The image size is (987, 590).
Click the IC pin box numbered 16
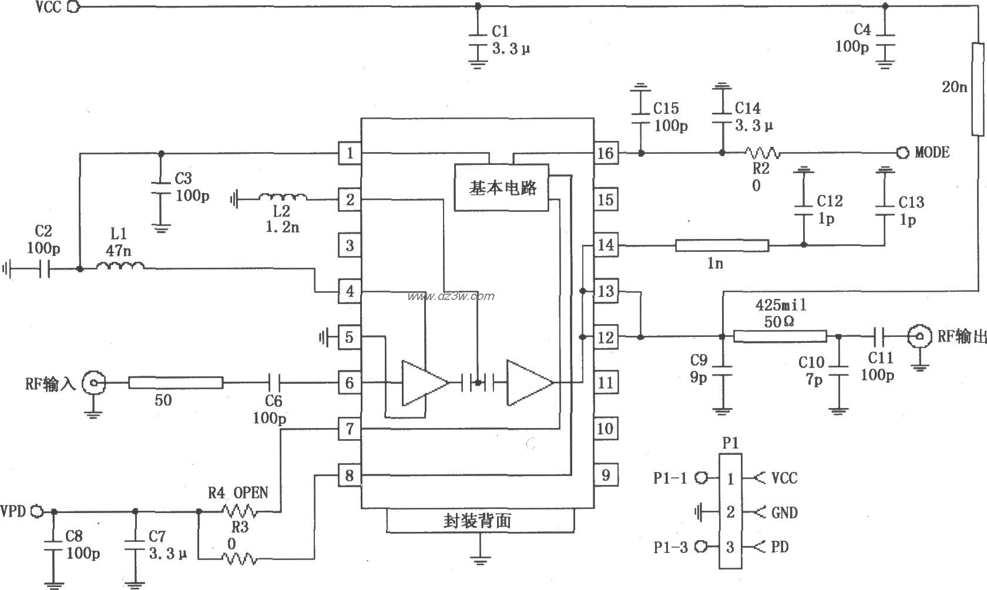tap(605, 154)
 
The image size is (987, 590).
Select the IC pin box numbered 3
tap(350, 245)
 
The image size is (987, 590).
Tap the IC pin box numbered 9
tap(605, 475)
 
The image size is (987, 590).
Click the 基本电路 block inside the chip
tap(501, 188)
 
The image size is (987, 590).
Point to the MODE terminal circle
tap(902, 153)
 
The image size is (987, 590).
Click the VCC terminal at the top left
tap(74, 7)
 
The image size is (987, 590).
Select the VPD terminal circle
tap(36, 511)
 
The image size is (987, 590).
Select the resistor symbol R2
tap(763, 153)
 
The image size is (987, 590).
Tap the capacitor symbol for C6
tap(274, 383)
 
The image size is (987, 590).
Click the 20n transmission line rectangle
tap(978, 89)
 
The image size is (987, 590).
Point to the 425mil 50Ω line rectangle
tap(780, 336)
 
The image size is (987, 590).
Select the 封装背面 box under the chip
tap(479, 521)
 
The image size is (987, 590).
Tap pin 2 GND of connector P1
tap(730, 513)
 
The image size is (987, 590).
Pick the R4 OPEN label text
tap(237, 492)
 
